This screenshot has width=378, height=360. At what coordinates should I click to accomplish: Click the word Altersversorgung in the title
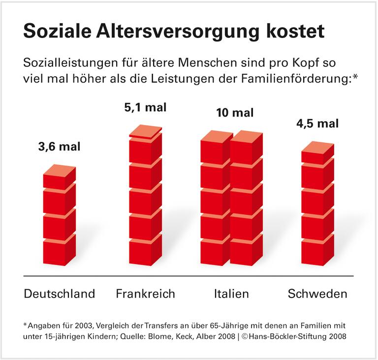pos(178,31)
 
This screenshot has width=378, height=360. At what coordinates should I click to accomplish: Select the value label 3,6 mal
pos(59,146)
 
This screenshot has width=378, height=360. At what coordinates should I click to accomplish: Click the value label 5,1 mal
pos(145,107)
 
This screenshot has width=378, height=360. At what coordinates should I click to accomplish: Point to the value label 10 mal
pos(235,113)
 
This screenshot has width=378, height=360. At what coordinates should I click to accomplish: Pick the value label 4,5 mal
pos(318,123)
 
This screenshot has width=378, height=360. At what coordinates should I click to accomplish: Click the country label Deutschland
pos(60,294)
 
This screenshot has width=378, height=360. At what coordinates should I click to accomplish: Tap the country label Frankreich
pos(145,294)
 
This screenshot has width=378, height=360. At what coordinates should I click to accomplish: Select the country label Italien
pos(231,294)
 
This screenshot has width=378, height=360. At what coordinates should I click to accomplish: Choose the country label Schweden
pos(317,294)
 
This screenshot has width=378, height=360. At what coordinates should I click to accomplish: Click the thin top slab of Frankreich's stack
pos(145,131)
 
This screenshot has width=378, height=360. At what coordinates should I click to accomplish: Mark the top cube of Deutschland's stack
pos(59,177)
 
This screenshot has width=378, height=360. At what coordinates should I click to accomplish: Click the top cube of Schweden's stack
pos(317,153)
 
